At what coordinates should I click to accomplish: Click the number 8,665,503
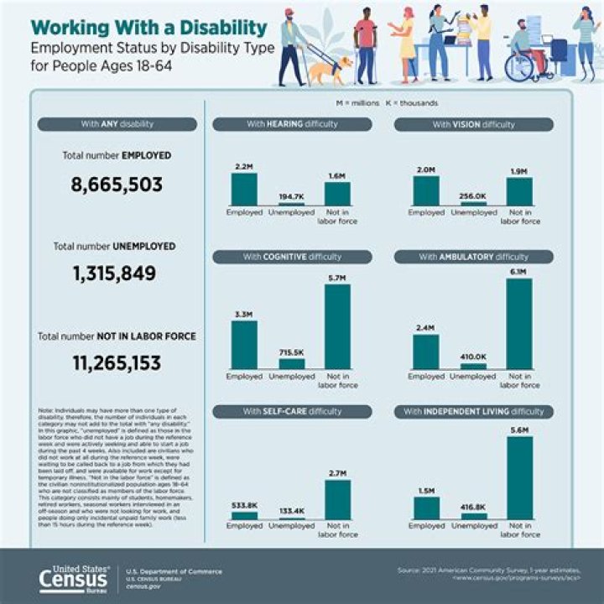click(117, 185)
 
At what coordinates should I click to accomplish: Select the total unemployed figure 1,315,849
click(117, 274)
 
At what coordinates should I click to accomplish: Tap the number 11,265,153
click(117, 363)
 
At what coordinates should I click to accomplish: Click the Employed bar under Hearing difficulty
click(244, 189)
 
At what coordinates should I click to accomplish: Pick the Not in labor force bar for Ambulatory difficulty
click(518, 324)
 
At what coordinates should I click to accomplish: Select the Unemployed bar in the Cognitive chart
click(291, 364)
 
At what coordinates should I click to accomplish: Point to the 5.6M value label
click(518, 429)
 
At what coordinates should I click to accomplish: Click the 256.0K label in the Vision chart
click(473, 195)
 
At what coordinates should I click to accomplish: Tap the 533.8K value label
click(244, 506)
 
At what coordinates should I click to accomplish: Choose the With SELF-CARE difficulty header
click(292, 411)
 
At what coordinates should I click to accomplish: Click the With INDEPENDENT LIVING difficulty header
click(474, 411)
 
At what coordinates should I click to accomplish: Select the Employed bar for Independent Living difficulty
click(426, 508)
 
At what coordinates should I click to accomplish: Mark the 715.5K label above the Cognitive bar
click(291, 353)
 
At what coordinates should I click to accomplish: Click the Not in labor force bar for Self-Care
click(337, 500)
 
